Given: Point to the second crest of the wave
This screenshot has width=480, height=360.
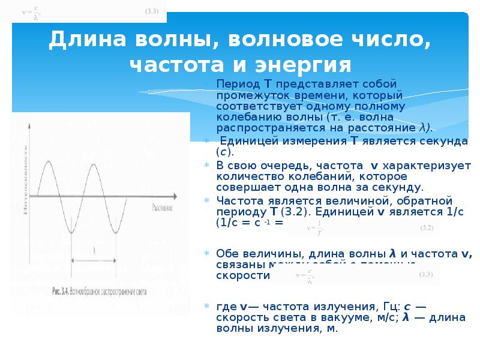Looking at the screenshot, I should [x=92, y=163].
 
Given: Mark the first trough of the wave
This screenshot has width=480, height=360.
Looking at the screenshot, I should [x=71, y=232].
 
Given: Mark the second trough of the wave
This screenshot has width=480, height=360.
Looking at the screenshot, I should [x=116, y=232].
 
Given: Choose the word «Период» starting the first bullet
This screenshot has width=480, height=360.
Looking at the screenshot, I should [x=235, y=82].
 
